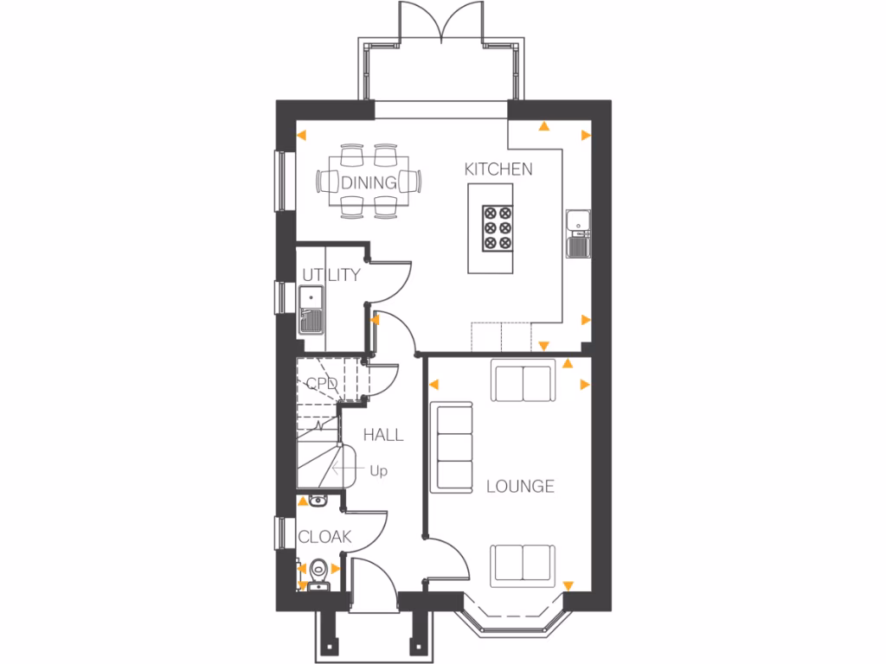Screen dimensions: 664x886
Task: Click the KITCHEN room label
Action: tap(498, 169)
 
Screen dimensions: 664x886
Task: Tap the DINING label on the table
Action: tap(369, 182)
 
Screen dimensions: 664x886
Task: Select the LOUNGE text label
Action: tap(520, 486)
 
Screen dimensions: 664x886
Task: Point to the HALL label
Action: tap(382, 435)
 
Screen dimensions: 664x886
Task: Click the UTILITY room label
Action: tap(331, 275)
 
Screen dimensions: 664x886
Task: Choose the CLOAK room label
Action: tap(324, 537)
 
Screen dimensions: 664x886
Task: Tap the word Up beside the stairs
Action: tap(378, 471)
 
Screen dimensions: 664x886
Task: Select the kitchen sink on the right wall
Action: tap(577, 233)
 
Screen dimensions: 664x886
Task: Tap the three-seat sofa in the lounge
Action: tap(453, 447)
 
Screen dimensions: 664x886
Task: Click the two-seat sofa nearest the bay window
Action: tap(523, 565)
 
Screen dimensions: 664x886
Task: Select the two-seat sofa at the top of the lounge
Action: tap(523, 380)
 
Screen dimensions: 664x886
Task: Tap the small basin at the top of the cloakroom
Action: tap(317, 500)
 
